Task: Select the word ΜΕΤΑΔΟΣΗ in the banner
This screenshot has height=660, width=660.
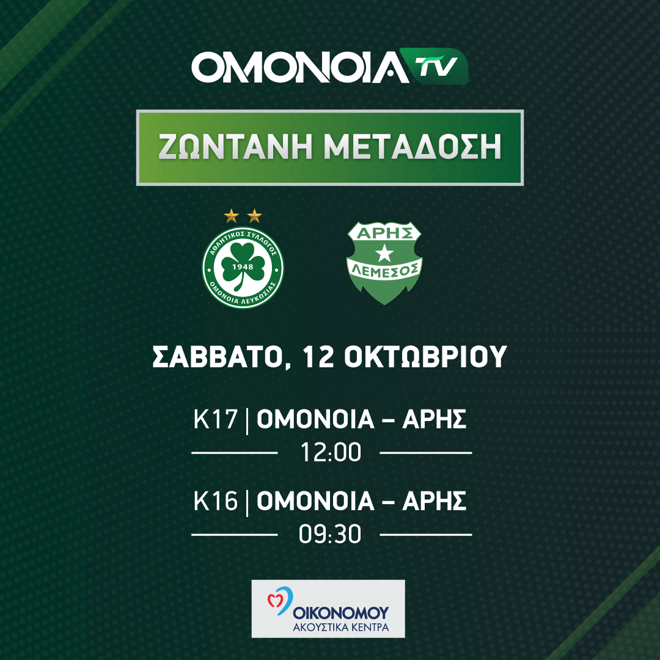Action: (x=413, y=147)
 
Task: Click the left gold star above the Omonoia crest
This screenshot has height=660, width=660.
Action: (x=231, y=216)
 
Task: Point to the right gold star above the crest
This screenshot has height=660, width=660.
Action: (x=254, y=216)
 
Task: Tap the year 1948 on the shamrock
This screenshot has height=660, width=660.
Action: (x=243, y=266)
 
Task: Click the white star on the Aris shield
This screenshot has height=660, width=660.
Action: (x=384, y=254)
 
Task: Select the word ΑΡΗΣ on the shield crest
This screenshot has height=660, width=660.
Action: (x=384, y=233)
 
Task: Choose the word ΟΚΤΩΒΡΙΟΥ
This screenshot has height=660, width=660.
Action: (x=425, y=357)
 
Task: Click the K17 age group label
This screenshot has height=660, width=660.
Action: (x=216, y=419)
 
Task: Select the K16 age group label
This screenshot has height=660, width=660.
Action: (x=216, y=501)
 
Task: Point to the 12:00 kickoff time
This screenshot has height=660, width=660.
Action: (x=331, y=452)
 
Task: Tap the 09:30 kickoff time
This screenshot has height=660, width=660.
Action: (x=330, y=535)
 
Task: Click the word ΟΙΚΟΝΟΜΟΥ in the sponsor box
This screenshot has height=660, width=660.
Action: (x=341, y=612)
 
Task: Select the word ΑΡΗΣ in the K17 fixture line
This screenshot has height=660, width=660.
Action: (x=435, y=419)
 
